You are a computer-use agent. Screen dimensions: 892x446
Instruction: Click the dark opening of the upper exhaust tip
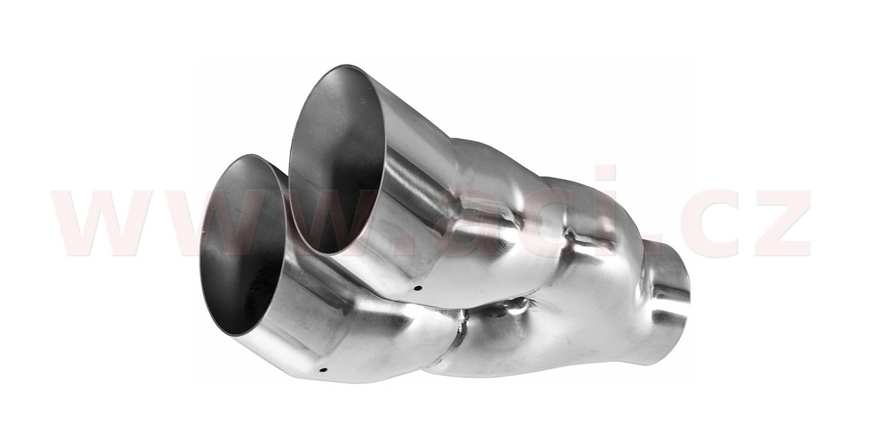(338, 159)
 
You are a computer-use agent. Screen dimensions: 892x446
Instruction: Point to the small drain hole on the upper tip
(417, 288)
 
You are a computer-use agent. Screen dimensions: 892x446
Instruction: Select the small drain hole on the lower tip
(323, 370)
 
